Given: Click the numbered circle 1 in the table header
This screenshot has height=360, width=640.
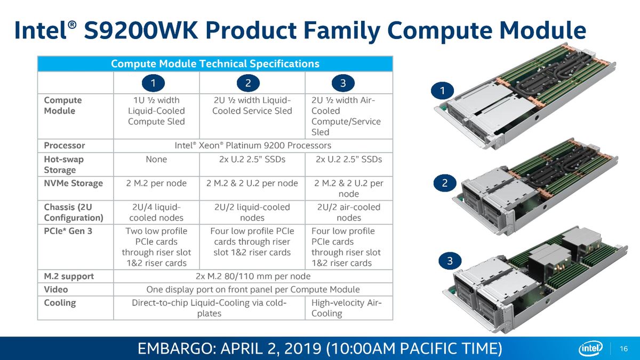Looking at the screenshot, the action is (x=153, y=83).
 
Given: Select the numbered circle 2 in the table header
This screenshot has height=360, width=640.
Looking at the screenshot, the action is (x=248, y=83).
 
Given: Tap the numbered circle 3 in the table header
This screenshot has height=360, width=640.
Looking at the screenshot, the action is (x=343, y=83).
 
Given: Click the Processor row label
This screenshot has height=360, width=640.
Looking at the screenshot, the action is (x=65, y=146).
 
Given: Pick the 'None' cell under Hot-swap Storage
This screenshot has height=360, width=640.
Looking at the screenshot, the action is (x=156, y=159).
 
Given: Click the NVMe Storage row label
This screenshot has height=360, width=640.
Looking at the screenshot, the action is (x=74, y=183).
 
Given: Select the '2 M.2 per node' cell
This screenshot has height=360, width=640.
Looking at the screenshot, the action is (x=156, y=183).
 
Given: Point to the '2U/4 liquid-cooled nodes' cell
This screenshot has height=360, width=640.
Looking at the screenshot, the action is (x=156, y=212).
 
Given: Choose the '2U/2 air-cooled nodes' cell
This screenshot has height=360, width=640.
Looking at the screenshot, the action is (x=349, y=212).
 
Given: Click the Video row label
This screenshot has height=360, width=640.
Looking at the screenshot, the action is (x=55, y=290).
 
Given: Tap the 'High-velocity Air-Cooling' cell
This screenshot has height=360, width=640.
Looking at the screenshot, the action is (x=346, y=308).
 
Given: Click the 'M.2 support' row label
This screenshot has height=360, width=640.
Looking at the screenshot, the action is (x=69, y=276).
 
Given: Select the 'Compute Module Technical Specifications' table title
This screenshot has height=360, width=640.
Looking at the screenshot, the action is (x=215, y=63).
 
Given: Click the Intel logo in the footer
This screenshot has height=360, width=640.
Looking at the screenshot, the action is (x=590, y=348).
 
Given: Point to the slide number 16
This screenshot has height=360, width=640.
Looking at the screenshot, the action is (x=623, y=349).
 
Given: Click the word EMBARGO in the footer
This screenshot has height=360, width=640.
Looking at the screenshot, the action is (x=175, y=349).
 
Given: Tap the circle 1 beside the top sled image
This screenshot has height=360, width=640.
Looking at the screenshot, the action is (x=442, y=91).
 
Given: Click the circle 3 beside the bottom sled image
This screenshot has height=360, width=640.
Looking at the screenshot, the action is (x=450, y=261).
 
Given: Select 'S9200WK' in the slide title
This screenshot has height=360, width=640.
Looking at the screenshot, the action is (x=141, y=30).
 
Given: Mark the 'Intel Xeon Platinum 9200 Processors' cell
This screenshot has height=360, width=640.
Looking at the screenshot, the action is (x=253, y=146).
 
